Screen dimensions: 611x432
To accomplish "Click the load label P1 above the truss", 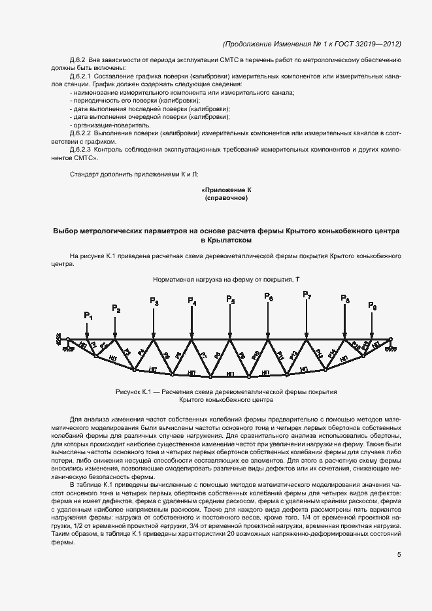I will pyautogui.click(x=88, y=316).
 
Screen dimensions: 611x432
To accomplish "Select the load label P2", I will pyautogui.click(x=116, y=308).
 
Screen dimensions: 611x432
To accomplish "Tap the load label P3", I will pyautogui.click(x=154, y=301).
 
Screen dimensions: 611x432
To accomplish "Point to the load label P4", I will pyautogui.click(x=191, y=301).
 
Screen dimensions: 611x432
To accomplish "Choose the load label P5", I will pyautogui.click(x=230, y=299).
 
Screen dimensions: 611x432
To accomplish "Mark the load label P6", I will pyautogui.click(x=269, y=297).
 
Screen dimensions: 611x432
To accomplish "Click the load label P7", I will pyautogui.click(x=307, y=295).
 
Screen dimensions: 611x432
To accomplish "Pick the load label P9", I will pyautogui.click(x=372, y=306).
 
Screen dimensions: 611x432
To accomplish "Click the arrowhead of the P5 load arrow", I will pyautogui.click(x=230, y=336).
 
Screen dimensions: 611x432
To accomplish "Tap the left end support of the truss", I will pyautogui.click(x=65, y=340).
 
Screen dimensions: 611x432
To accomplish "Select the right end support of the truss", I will pyautogui.click(x=390, y=340).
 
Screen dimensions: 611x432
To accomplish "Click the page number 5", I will pyautogui.click(x=399, y=555).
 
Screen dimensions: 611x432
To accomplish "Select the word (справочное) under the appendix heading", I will pyautogui.click(x=226, y=197).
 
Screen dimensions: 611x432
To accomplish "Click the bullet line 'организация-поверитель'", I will pyautogui.click(x=110, y=125).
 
